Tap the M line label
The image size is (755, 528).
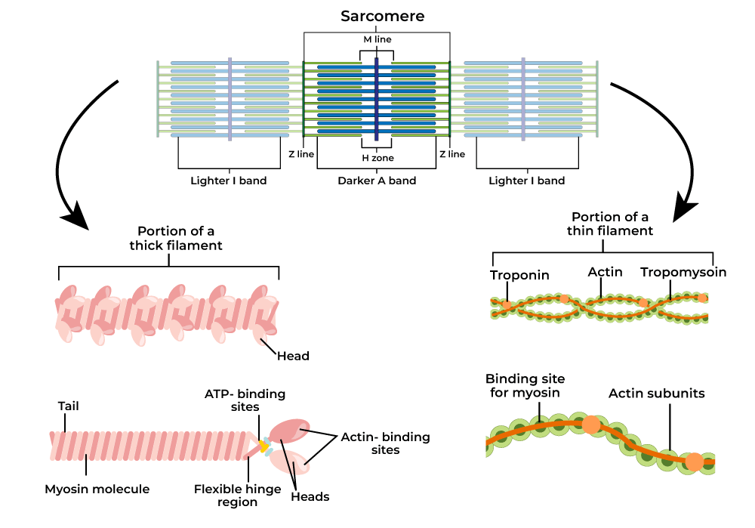tap(377, 39)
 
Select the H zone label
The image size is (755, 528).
tap(377, 159)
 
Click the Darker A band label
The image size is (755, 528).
tap(377, 181)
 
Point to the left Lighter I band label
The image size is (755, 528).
tap(228, 181)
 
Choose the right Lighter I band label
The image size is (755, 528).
tap(526, 181)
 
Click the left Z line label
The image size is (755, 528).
tap(303, 154)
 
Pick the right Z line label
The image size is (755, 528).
tap(452, 154)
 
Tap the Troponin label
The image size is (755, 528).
tap(519, 275)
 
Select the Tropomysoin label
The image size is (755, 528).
tap(683, 272)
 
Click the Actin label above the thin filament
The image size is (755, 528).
tap(605, 272)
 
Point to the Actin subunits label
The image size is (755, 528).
tap(657, 394)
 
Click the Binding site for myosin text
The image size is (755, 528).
tap(525, 385)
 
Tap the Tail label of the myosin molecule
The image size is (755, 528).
tap(69, 406)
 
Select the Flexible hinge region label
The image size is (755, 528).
tap(237, 496)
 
